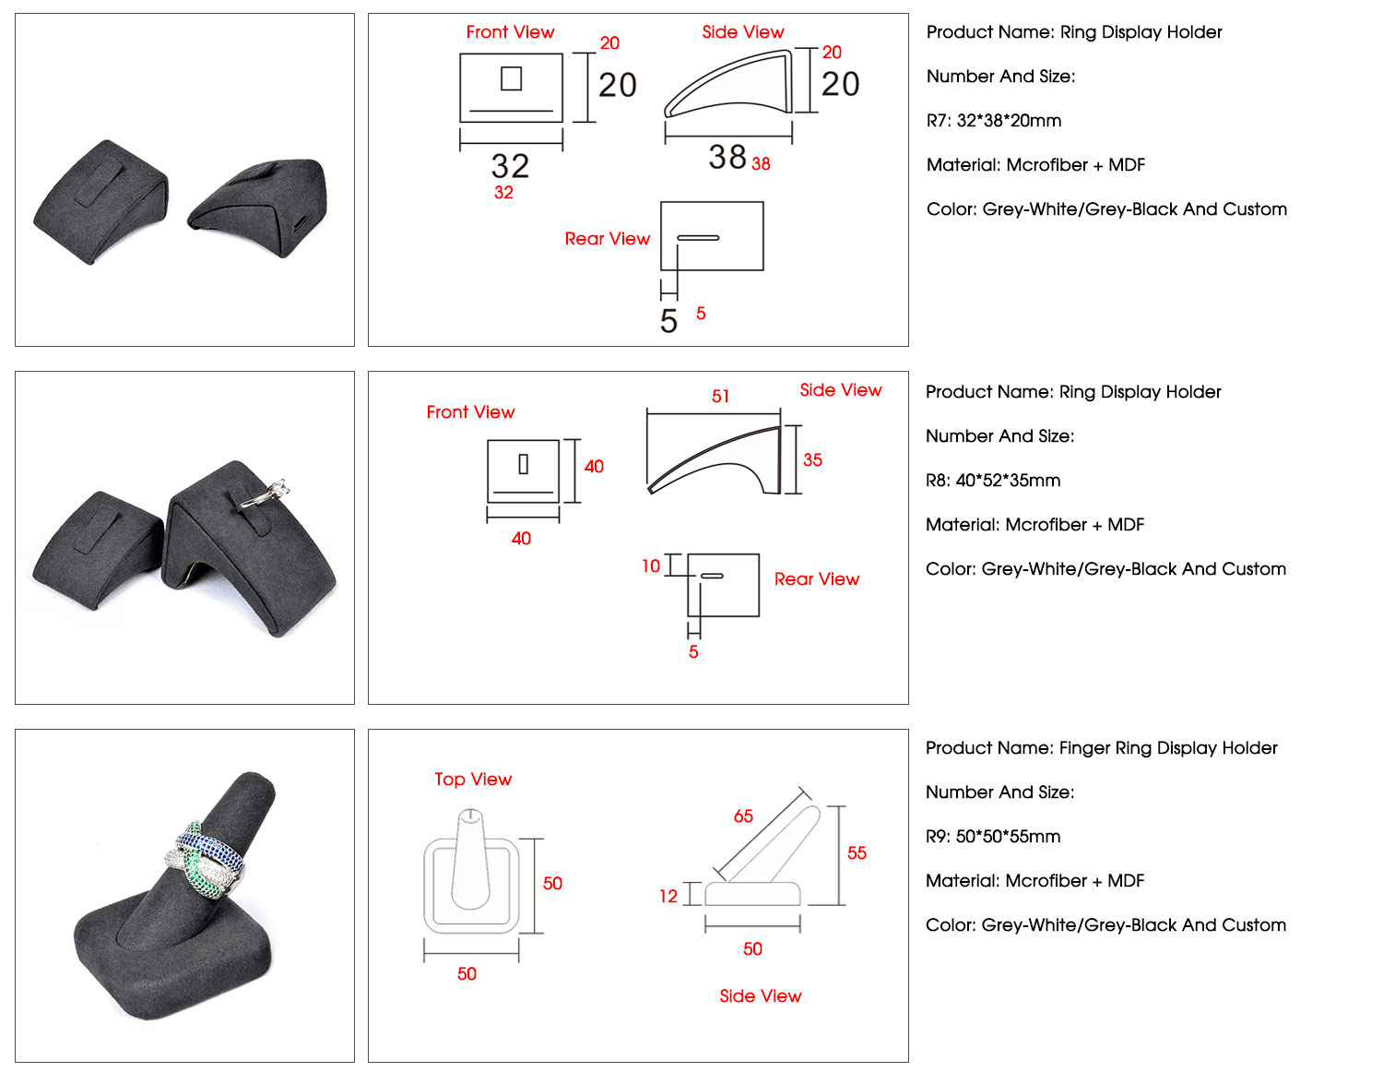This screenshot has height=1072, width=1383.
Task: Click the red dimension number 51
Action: [720, 396]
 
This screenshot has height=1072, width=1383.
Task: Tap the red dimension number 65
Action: [743, 816]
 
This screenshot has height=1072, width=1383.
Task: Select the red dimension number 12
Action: [668, 896]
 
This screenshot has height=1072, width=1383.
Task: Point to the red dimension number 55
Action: [856, 852]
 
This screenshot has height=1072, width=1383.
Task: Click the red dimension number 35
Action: [812, 459]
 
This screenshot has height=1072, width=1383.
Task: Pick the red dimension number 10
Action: [650, 566]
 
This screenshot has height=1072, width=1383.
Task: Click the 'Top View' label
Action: [473, 779]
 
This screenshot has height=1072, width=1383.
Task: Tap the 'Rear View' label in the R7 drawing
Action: [608, 238]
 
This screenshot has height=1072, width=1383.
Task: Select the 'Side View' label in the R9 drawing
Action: [760, 995]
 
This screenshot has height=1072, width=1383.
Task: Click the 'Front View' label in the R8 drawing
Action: [470, 411]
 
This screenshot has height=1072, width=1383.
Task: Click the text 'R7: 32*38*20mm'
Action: [994, 120]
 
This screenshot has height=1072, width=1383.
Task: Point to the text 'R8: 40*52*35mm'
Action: [993, 480]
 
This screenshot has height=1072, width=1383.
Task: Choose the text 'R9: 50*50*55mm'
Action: [993, 836]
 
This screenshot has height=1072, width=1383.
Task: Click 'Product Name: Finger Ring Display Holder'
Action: [1101, 747]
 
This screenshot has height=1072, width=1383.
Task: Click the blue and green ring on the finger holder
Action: [205, 860]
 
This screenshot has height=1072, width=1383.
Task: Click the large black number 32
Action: [510, 165]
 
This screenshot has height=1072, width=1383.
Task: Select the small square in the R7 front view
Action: [511, 78]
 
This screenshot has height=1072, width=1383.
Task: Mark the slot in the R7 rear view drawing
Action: [698, 238]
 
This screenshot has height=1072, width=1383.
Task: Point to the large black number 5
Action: [668, 320]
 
